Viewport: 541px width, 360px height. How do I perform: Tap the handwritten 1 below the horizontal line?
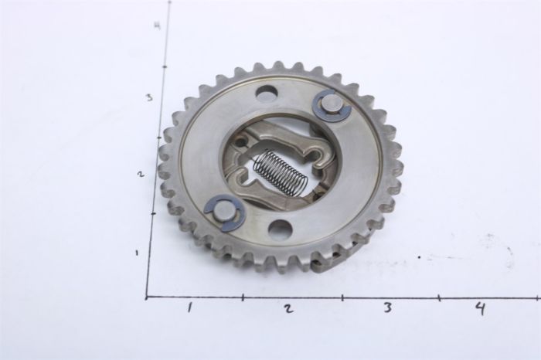pyautogui.click(x=189, y=307)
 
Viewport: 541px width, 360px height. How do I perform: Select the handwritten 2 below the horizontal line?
pyautogui.click(x=288, y=308)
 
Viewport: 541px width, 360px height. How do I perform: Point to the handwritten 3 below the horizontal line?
pyautogui.click(x=388, y=307)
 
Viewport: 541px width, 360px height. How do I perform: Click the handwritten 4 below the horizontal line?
pyautogui.click(x=481, y=307)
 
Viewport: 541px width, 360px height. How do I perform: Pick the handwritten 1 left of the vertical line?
pyautogui.click(x=138, y=253)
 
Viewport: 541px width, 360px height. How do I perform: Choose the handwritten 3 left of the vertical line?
pyautogui.click(x=149, y=97)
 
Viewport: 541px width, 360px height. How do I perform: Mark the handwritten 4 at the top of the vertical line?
pyautogui.click(x=158, y=25)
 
